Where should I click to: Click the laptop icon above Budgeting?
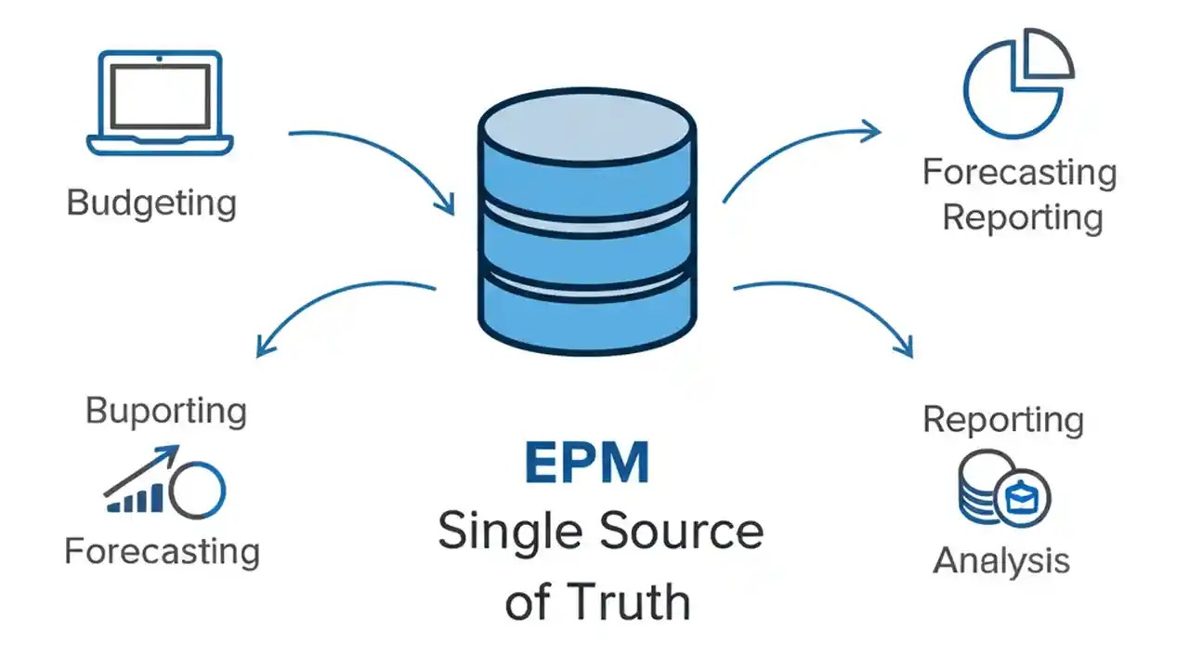[160, 102]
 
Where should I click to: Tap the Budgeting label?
[151, 203]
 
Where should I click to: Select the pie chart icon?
[1013, 85]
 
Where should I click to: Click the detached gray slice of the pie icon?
[1046, 55]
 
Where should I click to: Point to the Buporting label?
[165, 411]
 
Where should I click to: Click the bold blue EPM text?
[586, 464]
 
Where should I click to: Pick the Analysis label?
[1001, 561]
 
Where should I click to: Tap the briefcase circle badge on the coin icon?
[1022, 497]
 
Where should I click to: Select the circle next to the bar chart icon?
[202, 490]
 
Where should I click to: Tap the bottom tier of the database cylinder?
[587, 316]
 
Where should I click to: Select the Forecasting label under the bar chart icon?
[162, 552]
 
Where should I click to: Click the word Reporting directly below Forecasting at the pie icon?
[1022, 217]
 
